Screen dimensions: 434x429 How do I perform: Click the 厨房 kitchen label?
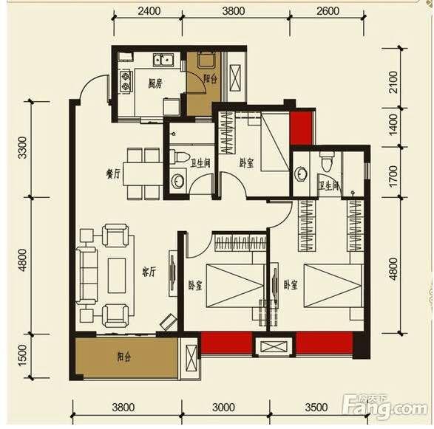point(155,83)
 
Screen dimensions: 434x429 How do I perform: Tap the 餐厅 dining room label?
point(113,174)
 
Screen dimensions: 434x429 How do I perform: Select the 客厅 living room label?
point(149,272)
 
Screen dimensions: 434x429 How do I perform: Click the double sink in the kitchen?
point(163,60)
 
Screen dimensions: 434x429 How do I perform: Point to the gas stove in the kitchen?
point(126,81)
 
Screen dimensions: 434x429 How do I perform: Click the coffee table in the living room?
point(117,275)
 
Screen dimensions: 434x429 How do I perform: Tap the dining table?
point(143,174)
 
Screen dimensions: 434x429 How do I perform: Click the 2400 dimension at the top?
point(149,11)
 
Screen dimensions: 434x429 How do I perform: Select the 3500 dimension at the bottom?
point(316,407)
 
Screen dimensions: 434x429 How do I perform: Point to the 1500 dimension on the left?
point(23,355)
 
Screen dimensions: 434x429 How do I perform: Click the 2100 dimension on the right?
point(393,82)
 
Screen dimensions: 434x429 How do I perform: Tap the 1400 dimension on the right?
point(393,125)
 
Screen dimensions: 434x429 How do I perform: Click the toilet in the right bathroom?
point(326,162)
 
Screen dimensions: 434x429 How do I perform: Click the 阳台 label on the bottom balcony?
point(123,357)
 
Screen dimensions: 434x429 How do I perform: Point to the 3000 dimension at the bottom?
point(223,407)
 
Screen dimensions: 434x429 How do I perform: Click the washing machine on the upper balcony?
point(206,61)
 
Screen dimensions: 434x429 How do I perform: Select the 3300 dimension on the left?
point(23,147)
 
